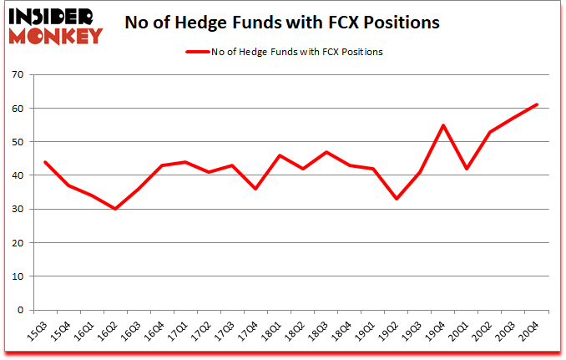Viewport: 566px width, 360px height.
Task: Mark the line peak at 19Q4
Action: pos(443,125)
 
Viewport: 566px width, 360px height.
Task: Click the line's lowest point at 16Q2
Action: pos(114,209)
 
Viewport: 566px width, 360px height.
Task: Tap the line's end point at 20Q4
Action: pos(537,104)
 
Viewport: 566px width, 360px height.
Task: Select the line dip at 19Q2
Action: pos(397,199)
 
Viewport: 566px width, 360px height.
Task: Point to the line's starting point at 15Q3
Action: pos(44,162)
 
